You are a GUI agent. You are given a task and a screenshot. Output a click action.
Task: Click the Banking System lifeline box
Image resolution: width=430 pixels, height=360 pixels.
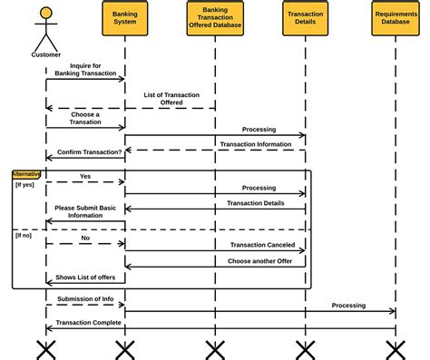coord(124,19)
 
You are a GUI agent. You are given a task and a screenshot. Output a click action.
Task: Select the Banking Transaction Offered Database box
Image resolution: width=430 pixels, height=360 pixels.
coord(215,19)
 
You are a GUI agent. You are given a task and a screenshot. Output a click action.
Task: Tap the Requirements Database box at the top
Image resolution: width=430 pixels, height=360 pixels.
coord(396,19)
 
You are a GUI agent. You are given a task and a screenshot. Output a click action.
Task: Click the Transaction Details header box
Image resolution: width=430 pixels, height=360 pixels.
coord(305,19)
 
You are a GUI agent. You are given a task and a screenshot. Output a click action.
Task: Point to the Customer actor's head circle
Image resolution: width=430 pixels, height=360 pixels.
coord(46,14)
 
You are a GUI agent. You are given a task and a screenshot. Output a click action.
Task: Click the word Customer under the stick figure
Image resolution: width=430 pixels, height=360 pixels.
coord(46,54)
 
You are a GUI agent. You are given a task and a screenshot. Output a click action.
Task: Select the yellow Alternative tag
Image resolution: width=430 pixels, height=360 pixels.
coord(25,173)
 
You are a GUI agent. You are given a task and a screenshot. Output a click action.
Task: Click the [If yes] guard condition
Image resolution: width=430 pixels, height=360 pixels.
coord(25,184)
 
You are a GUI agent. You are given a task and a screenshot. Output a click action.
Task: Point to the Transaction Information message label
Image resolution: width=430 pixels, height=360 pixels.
coord(256,143)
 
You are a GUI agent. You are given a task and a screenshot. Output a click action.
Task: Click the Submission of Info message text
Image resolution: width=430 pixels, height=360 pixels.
coord(86,297)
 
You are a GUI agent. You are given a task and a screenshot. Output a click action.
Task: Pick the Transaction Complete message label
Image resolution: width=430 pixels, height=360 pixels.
coord(88,322)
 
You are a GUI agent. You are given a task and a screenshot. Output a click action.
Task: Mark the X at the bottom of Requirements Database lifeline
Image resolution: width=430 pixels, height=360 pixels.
coord(396,348)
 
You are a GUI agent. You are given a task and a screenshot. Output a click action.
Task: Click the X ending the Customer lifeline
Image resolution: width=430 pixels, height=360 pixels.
coord(46,348)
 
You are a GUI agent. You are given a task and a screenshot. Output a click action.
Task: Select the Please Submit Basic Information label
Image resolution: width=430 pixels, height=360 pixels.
coord(85,211)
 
